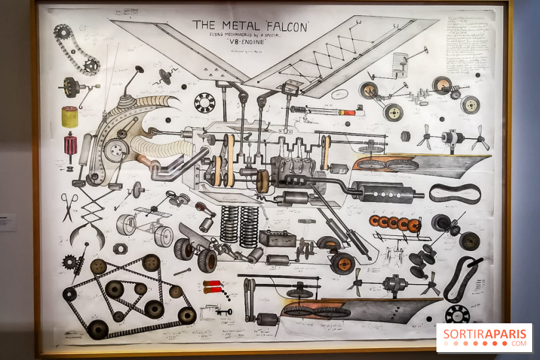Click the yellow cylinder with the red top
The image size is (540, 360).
pos(70,116)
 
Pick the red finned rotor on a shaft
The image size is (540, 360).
pos(70,145)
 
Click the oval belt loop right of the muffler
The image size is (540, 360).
pos(455,193)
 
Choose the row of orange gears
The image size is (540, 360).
pos(395,224)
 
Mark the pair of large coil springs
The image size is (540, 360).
pos(239,227)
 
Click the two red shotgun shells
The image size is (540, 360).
pos(214,289)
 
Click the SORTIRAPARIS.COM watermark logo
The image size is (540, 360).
pos(484,337)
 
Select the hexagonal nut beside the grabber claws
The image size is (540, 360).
pos(120,249)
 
